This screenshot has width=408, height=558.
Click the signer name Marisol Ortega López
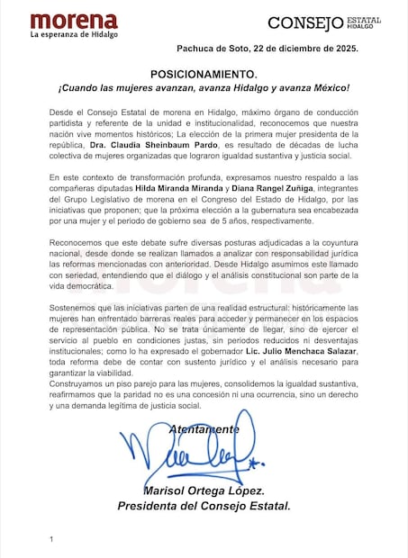(x=204, y=490)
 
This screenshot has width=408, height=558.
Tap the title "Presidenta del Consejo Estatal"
(x=204, y=506)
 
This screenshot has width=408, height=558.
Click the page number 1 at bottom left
(x=52, y=539)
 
